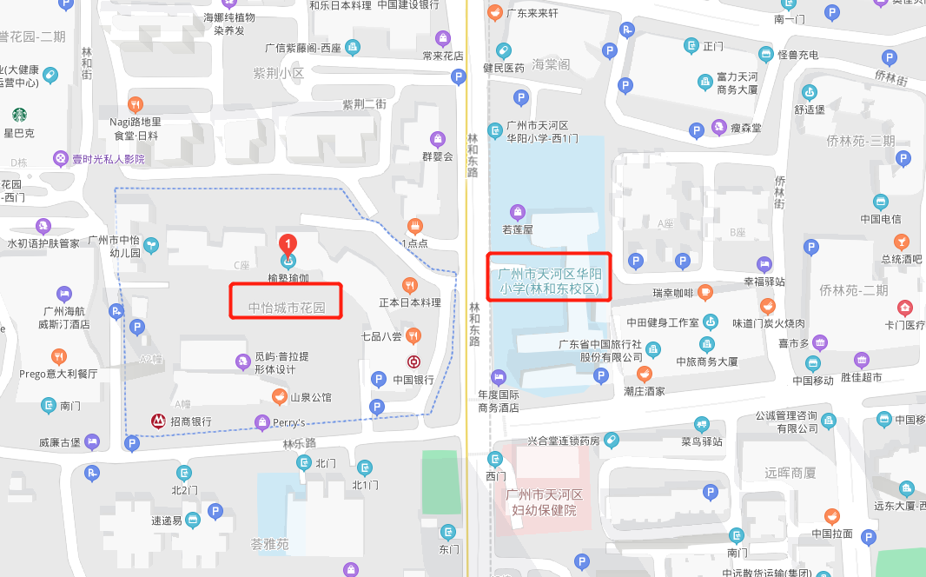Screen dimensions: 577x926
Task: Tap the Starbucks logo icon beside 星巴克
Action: (x=18, y=114)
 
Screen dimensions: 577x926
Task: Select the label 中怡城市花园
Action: (x=286, y=308)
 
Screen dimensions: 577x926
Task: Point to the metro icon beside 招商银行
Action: (x=158, y=421)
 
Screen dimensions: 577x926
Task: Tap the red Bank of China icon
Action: (x=413, y=361)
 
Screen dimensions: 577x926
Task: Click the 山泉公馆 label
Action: (x=310, y=397)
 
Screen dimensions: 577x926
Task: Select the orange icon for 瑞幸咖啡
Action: (x=704, y=292)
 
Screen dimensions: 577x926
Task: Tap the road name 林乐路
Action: (x=298, y=444)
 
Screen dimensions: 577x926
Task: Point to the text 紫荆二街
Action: (x=363, y=104)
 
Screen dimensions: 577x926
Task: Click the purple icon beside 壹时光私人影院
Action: (x=60, y=158)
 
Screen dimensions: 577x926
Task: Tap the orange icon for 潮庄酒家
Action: (x=644, y=374)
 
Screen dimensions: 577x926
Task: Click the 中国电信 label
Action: (x=880, y=219)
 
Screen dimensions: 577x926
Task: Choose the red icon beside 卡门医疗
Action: (x=905, y=308)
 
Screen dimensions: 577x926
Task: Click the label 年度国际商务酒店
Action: (x=498, y=400)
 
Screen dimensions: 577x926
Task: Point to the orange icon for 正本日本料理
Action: (x=410, y=285)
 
